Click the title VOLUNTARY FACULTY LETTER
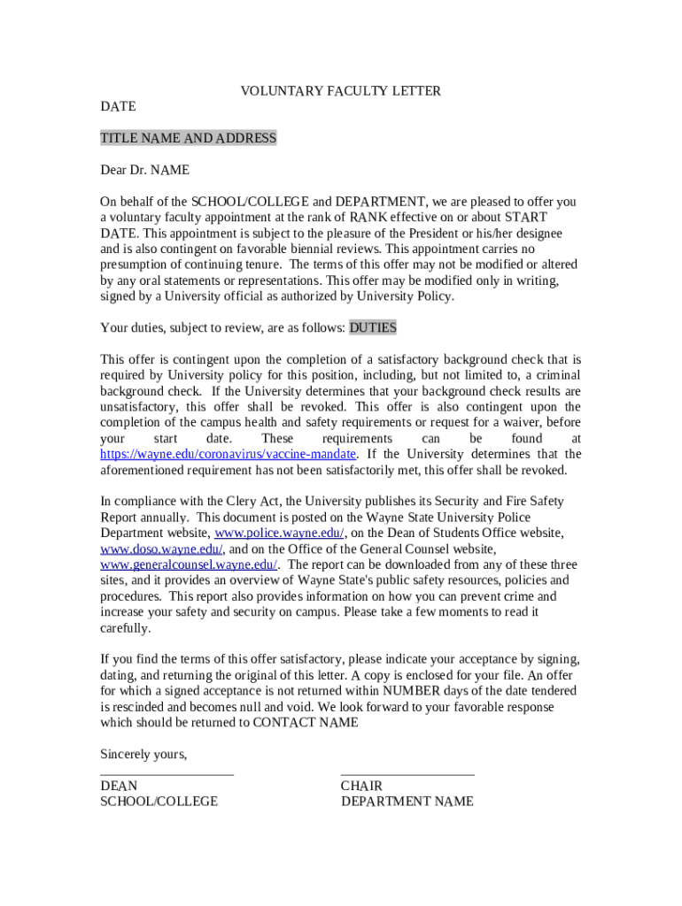(x=341, y=91)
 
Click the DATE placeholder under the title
(x=118, y=106)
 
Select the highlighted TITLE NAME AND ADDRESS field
(x=188, y=138)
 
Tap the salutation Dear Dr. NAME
(x=144, y=170)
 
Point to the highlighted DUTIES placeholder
(x=373, y=328)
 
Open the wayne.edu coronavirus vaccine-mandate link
(x=228, y=455)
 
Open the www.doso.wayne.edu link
(x=161, y=549)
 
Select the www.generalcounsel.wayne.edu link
(x=190, y=565)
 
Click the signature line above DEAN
(x=167, y=774)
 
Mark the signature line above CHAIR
(x=407, y=774)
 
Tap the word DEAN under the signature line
(x=119, y=787)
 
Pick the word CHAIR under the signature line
(x=361, y=787)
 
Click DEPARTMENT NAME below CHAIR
(x=407, y=802)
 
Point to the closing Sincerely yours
(x=143, y=755)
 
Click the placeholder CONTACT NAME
(x=306, y=723)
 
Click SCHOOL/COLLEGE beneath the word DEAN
(x=159, y=802)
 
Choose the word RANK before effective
(x=368, y=218)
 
